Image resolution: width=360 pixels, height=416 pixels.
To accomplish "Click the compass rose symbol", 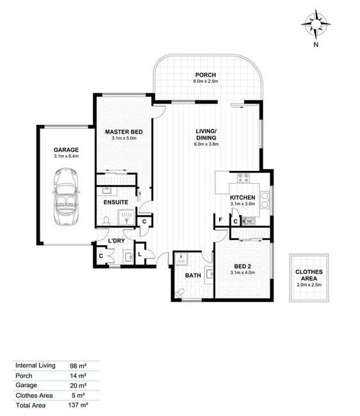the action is [316, 24].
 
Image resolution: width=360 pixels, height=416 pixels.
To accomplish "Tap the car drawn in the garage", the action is [65, 196].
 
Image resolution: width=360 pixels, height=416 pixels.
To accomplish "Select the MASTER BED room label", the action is [124, 132].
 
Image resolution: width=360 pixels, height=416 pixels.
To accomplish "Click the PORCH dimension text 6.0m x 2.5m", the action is [206, 81].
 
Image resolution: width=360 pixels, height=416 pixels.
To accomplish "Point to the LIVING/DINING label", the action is [206, 134].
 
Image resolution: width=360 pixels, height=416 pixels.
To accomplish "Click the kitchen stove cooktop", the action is [243, 178].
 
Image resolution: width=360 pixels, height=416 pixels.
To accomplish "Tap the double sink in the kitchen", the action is [265, 200].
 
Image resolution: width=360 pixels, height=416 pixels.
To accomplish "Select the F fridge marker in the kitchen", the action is [220, 220].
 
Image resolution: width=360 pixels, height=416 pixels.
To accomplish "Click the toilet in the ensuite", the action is [106, 221].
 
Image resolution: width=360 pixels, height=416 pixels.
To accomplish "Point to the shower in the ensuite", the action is [126, 218].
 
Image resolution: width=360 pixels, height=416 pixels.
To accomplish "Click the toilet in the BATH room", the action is [180, 293].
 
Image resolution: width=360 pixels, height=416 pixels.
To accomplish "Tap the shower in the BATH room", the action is [181, 259].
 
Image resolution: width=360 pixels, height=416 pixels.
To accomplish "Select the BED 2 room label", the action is [242, 266].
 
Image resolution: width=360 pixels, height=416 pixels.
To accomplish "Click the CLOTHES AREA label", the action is [309, 275].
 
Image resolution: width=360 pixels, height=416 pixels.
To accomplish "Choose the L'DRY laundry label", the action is [117, 241].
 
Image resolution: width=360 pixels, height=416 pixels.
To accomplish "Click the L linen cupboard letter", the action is [140, 255].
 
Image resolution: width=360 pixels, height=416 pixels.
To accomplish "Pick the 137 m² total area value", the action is [78, 405].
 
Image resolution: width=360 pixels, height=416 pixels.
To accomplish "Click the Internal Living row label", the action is [35, 365].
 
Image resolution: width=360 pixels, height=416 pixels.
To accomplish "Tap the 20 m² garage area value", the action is [78, 385].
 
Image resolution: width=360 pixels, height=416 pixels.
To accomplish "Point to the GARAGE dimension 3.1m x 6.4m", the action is [66, 156].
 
